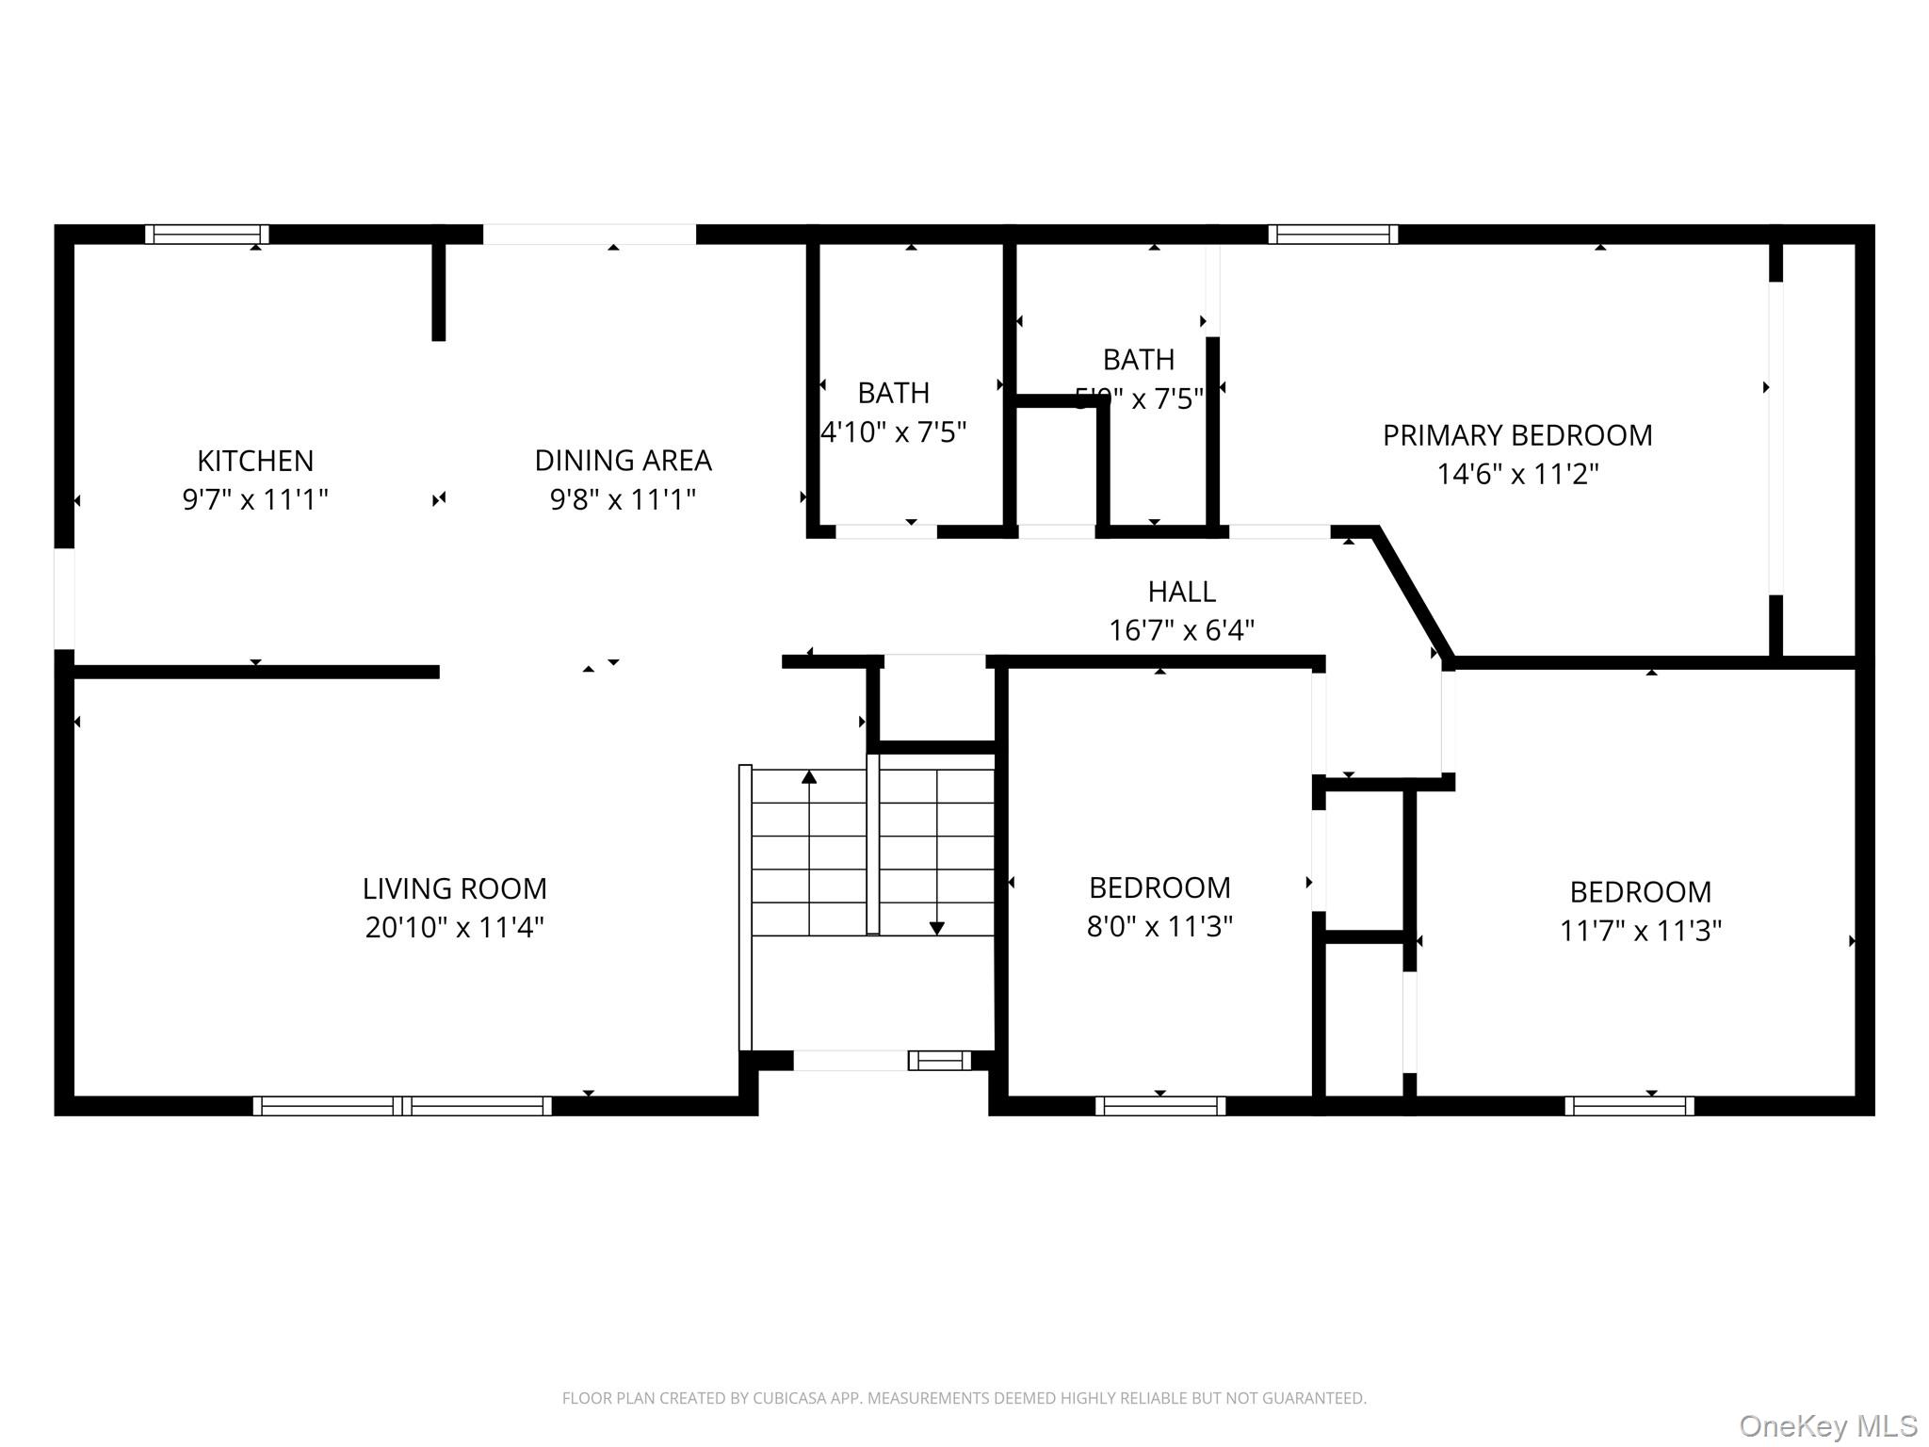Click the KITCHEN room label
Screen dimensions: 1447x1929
(x=255, y=461)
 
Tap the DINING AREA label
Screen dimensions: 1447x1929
(x=623, y=461)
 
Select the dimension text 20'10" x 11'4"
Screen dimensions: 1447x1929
(x=454, y=928)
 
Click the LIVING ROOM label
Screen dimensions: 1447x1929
(x=454, y=888)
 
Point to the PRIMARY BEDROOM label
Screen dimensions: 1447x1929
(x=1516, y=435)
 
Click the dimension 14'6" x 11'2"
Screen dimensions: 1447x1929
(x=1516, y=474)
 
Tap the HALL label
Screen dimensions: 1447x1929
(x=1181, y=592)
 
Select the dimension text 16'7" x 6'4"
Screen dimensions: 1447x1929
(x=1181, y=630)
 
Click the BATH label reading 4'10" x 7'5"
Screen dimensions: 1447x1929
(x=893, y=393)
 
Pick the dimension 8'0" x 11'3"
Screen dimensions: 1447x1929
(x=1159, y=927)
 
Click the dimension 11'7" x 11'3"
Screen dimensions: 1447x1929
(x=1640, y=931)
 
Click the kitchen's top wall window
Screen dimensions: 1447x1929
(x=207, y=234)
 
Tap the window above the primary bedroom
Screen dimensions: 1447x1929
(x=1332, y=234)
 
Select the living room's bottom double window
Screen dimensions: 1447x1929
(x=402, y=1106)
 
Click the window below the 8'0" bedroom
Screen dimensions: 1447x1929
(x=1159, y=1106)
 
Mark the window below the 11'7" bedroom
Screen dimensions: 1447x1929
(x=1629, y=1106)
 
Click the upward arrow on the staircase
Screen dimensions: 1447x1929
(x=809, y=778)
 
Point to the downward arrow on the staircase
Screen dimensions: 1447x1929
(x=936, y=928)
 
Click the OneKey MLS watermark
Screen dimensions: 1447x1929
(x=1827, y=1426)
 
